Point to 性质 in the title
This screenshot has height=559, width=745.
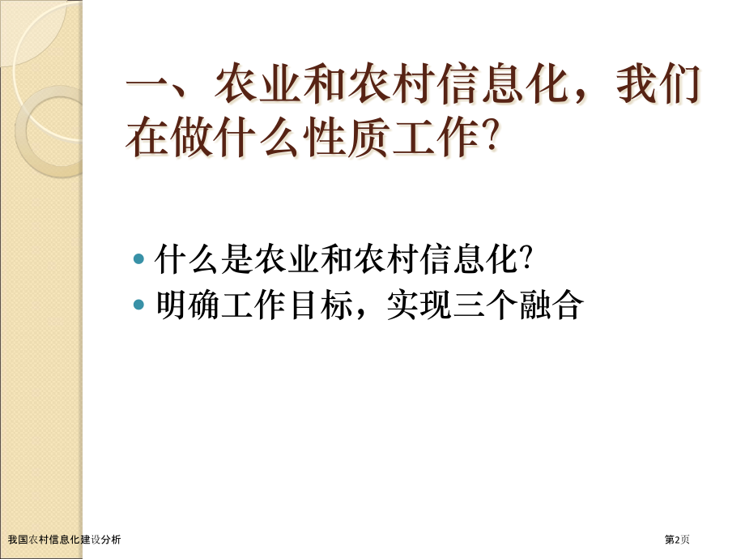[351, 139]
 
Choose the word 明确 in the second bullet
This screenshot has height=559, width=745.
[178, 306]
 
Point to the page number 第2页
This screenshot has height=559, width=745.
[678, 540]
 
